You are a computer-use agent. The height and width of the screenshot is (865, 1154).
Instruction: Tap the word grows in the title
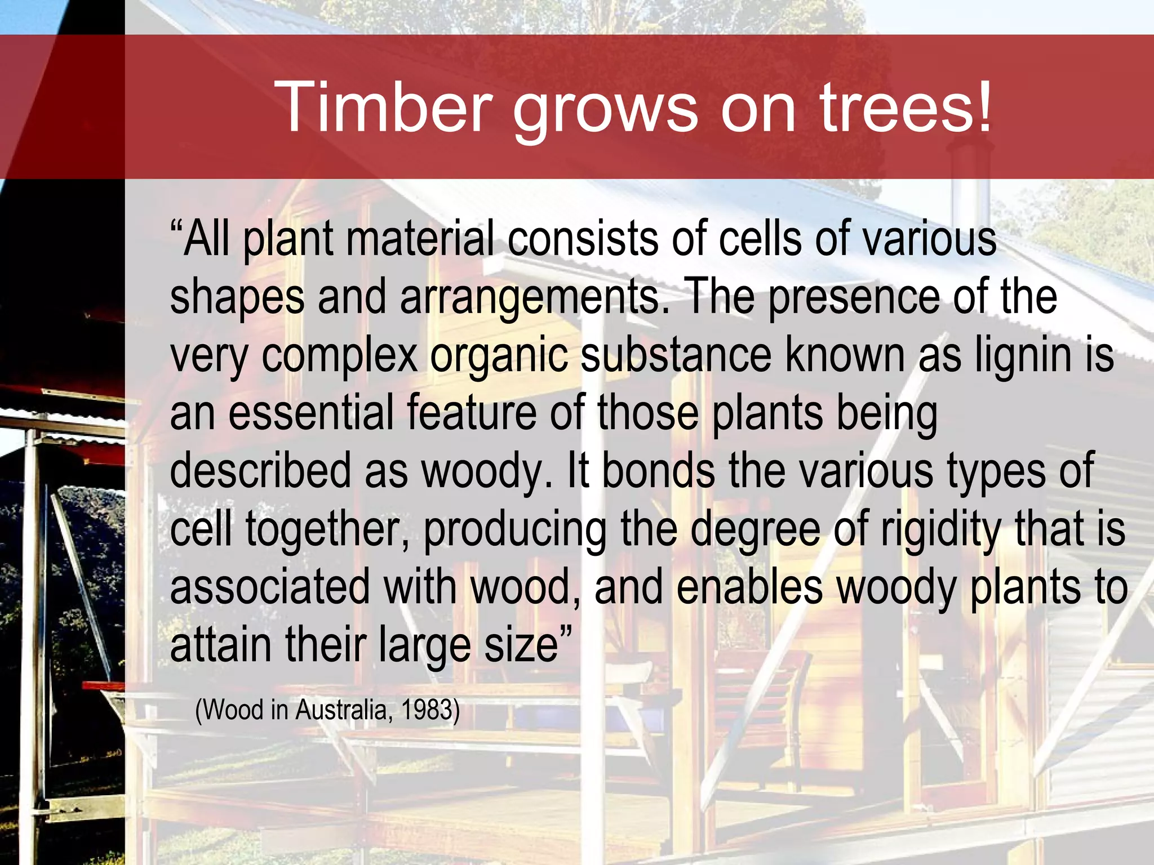click(605, 110)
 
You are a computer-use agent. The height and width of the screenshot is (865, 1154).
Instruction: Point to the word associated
click(270, 587)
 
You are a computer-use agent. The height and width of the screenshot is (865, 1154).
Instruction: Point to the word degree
click(755, 530)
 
